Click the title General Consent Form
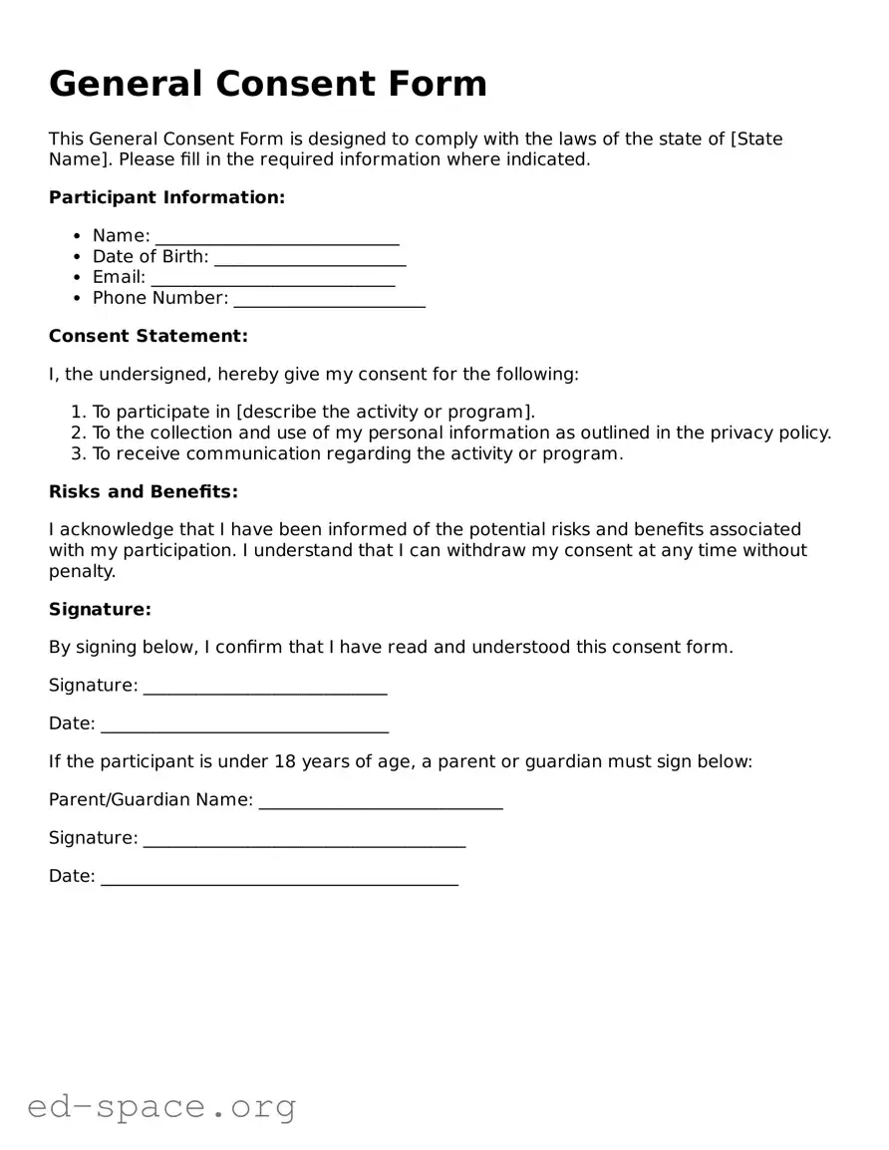pos(268,84)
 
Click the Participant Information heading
pos(166,197)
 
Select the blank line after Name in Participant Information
pos(277,237)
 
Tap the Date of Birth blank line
pos(310,258)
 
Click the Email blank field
pos(273,279)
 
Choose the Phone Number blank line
pos(329,300)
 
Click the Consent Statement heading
pos(148,336)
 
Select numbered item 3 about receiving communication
pos(357,453)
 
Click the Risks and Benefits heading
pos(144,491)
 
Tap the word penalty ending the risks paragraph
pos(82,571)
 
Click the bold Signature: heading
pos(100,609)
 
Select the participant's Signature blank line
pos(265,687)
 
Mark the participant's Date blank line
pos(244,724)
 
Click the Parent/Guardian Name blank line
pos(381,801)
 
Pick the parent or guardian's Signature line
pos(304,839)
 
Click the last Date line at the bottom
pos(279,877)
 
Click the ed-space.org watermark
pos(161,1106)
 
